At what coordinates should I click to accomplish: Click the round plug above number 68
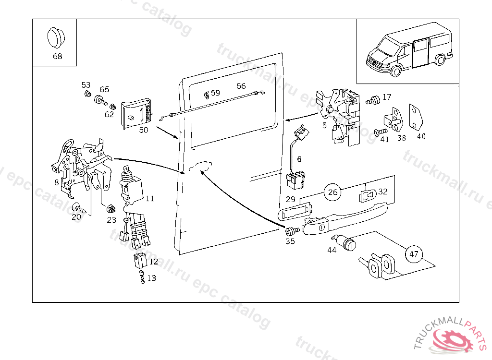click(x=57, y=38)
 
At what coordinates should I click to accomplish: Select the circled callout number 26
click(x=332, y=192)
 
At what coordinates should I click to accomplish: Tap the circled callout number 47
click(x=414, y=254)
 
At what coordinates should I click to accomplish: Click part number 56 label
click(x=241, y=86)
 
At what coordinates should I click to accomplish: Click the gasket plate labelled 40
click(x=415, y=116)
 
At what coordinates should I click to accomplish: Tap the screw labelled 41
click(x=380, y=131)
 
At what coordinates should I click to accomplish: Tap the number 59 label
click(x=215, y=93)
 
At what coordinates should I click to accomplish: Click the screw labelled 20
click(x=79, y=208)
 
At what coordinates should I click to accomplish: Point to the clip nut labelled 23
click(x=111, y=209)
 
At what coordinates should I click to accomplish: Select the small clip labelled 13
click(x=142, y=277)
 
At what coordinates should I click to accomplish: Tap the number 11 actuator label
click(x=150, y=198)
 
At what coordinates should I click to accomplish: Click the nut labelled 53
click(x=87, y=93)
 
